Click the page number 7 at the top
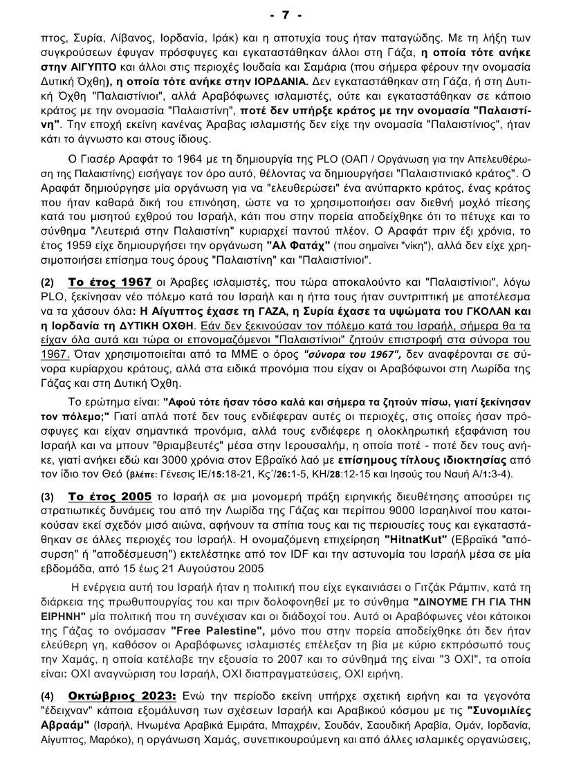pyautogui.click(x=286, y=15)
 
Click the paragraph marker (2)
pyautogui.click(x=47, y=282)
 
